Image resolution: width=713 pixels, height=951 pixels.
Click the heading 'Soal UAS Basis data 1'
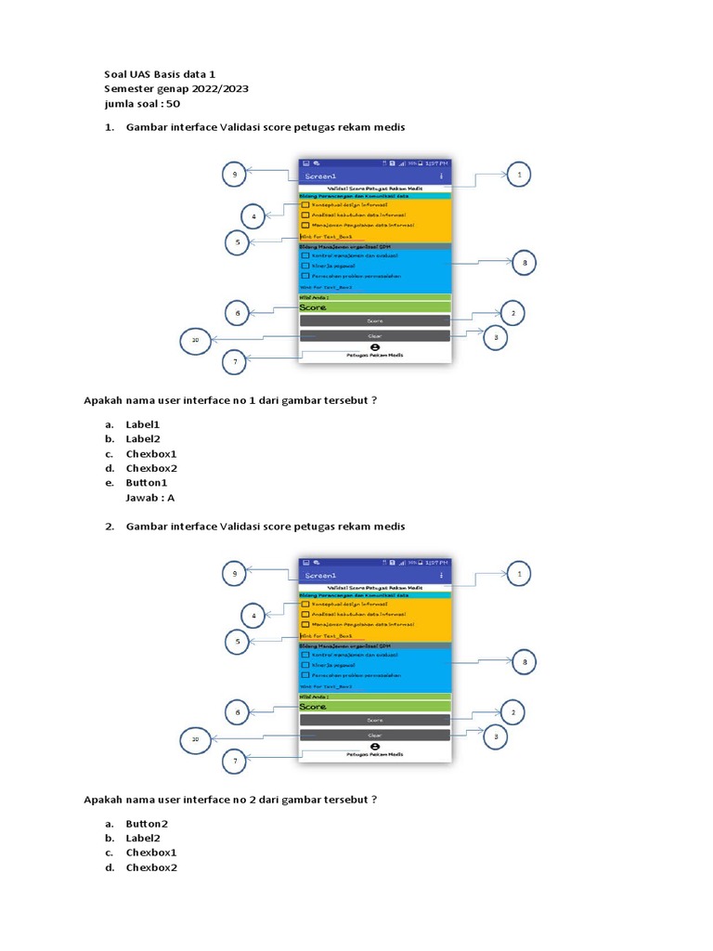click(160, 73)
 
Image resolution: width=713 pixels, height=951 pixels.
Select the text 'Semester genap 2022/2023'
click(176, 88)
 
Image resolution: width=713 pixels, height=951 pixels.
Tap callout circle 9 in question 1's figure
click(235, 174)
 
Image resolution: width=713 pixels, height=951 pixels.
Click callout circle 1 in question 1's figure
click(519, 174)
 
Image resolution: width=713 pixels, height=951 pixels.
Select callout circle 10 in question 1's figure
click(195, 341)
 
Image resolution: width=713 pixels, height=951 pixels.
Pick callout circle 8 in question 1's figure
click(525, 264)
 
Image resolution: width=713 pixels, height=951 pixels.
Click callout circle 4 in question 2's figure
click(254, 616)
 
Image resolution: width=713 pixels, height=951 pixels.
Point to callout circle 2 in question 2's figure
click(512, 712)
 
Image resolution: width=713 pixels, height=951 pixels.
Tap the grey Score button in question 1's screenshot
click(374, 320)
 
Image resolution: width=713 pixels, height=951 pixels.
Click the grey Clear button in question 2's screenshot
click(374, 735)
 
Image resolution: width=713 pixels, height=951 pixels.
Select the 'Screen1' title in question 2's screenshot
click(321, 576)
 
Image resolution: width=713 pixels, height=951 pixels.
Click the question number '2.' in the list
click(109, 527)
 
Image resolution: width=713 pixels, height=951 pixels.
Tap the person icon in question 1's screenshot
click(374, 345)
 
